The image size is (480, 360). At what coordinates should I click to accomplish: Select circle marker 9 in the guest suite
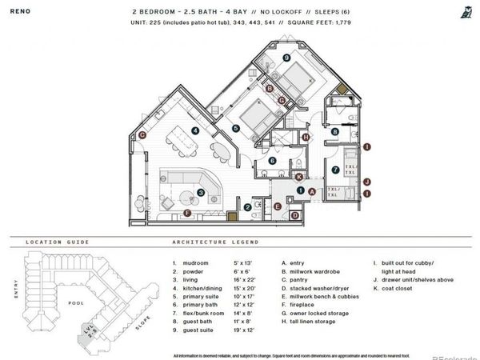click(x=286, y=58)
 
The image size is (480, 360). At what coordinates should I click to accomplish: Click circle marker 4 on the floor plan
click(x=196, y=130)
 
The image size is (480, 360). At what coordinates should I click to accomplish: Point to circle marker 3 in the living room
click(x=201, y=191)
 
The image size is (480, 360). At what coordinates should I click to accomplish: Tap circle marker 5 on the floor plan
click(x=236, y=127)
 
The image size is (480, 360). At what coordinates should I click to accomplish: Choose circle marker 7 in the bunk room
click(x=335, y=170)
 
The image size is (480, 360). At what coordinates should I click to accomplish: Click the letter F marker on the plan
click(x=186, y=213)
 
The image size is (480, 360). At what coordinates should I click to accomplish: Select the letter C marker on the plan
click(x=142, y=135)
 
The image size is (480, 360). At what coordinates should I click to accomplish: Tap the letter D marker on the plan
click(x=294, y=214)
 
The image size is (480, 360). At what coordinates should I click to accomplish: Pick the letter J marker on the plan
click(x=366, y=182)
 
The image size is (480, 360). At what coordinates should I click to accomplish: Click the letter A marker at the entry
click(x=310, y=190)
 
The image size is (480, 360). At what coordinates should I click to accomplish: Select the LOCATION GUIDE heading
click(x=55, y=241)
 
